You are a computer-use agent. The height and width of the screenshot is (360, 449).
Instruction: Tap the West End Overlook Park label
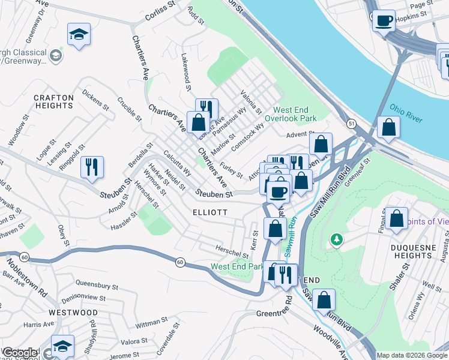[295, 114]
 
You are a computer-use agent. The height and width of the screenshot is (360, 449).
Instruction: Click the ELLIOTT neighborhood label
[210, 212]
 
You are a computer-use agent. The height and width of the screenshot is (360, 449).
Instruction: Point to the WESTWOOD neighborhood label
[73, 313]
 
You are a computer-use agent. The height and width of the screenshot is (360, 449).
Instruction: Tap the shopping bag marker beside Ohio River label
[389, 128]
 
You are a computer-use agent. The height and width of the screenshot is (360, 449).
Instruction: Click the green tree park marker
[337, 240]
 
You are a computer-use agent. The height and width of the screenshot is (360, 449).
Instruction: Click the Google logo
[20, 353]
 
